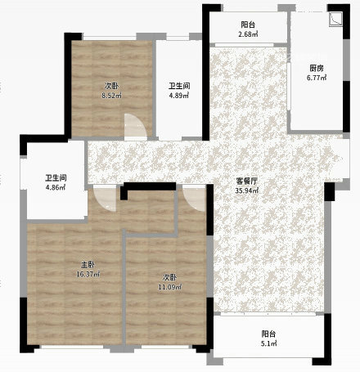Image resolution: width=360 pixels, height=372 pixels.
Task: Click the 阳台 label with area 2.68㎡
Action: tap(248, 25)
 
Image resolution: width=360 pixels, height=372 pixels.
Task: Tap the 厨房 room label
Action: tap(317, 68)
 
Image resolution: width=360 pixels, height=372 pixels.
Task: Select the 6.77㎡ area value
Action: tap(317, 78)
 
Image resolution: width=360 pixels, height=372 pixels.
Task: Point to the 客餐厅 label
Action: tap(247, 181)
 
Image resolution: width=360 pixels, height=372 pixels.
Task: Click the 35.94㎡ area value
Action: tap(247, 190)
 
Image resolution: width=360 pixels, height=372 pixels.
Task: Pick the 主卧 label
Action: tap(88, 264)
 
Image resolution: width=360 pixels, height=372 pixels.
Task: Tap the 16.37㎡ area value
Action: tap(88, 274)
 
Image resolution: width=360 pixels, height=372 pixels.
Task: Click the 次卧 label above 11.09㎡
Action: tap(169, 277)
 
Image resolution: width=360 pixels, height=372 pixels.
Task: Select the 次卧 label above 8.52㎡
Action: tap(111, 86)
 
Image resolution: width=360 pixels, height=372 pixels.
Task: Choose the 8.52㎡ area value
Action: tap(111, 96)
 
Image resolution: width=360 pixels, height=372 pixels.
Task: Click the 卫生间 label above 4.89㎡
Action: tap(179, 86)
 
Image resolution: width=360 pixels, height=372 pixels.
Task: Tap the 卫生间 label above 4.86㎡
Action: tap(56, 178)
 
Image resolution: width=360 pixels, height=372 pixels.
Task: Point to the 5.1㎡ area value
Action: tap(268, 343)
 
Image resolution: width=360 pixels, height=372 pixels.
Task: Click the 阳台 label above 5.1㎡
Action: tap(268, 334)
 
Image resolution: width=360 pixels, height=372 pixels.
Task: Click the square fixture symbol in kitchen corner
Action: tap(335, 20)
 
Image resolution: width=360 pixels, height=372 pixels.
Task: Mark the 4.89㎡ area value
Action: tap(179, 96)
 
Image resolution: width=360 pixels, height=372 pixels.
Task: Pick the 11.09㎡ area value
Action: tap(169, 287)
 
